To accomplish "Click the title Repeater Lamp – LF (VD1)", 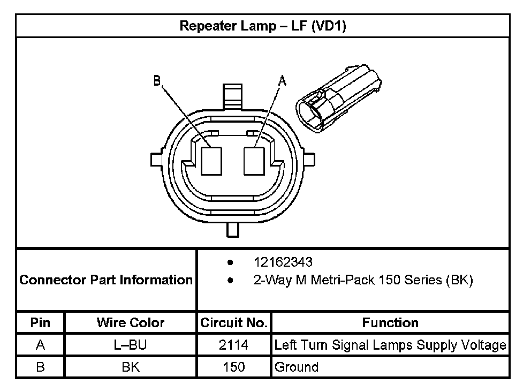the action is click(x=263, y=26).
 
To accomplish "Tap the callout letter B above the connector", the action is click(x=157, y=81).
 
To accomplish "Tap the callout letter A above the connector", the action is click(x=282, y=81).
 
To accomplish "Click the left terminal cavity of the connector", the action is click(x=212, y=160).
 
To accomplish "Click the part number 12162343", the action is click(x=283, y=262).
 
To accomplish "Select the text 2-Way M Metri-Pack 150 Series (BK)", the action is click(x=363, y=280).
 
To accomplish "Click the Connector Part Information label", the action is click(x=106, y=280).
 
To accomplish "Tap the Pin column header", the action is click(x=41, y=322).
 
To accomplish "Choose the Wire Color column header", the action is click(x=131, y=322).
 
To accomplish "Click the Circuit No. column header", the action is click(x=234, y=322).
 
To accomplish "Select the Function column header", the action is click(x=390, y=322).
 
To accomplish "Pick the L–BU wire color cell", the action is click(x=131, y=345).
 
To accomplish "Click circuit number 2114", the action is click(x=234, y=345).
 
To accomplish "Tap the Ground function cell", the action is click(x=296, y=367).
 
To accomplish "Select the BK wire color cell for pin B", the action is click(x=131, y=367).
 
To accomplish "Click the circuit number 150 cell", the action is click(x=234, y=367).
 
